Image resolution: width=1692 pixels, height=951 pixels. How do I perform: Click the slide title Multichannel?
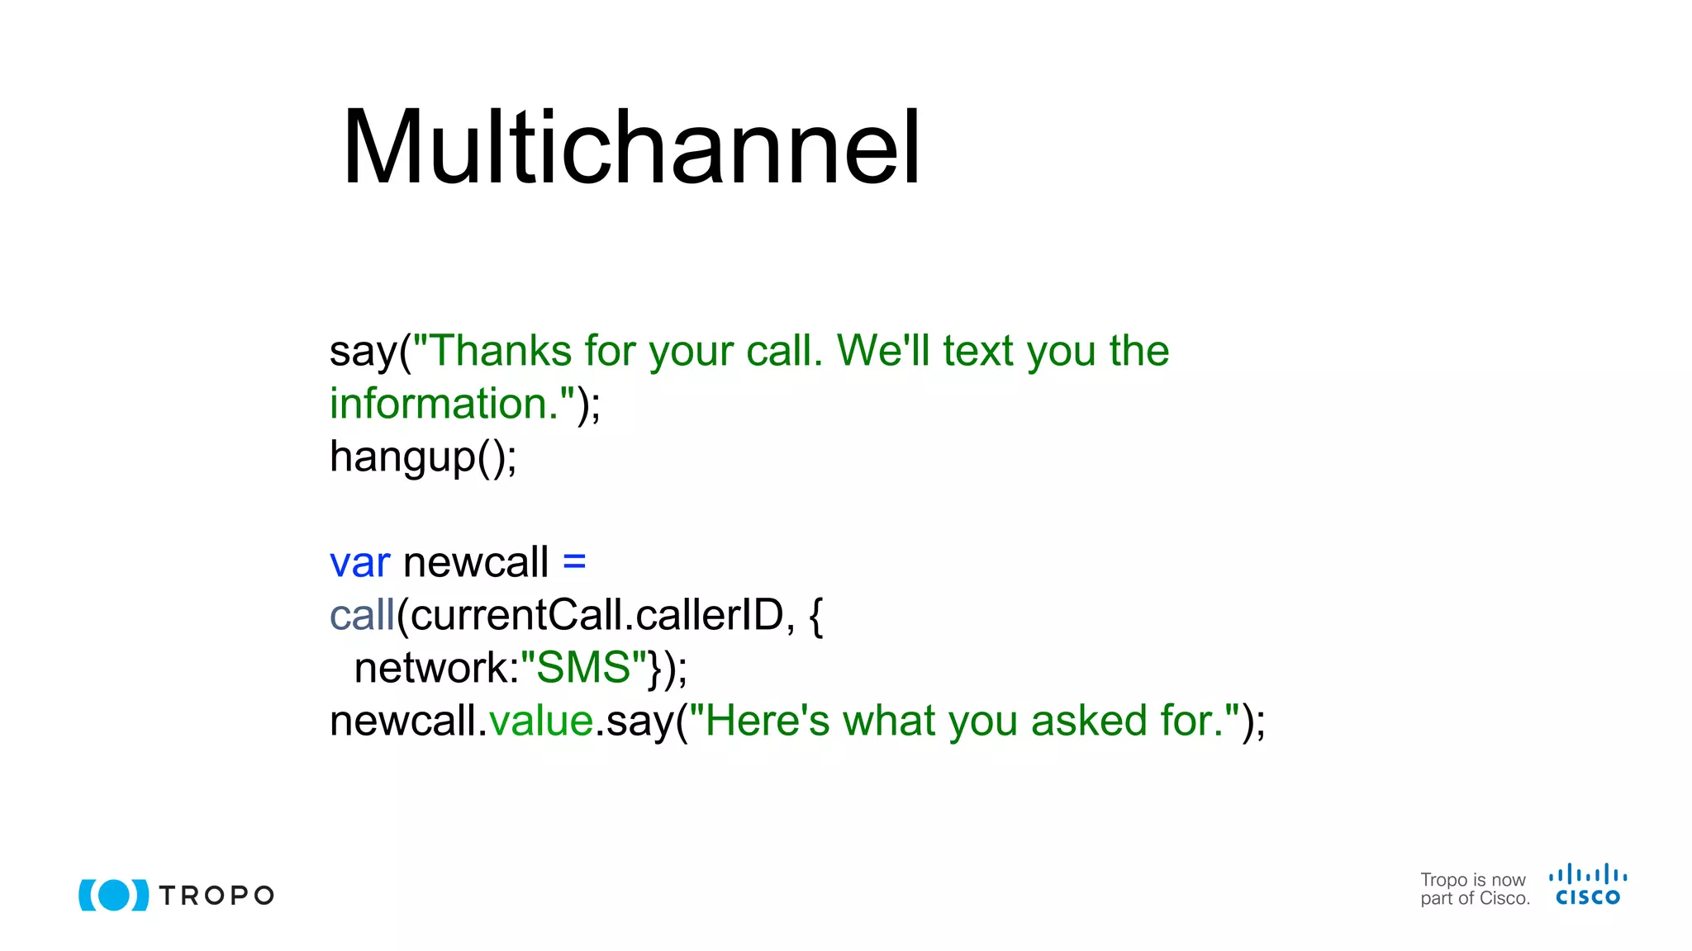pyautogui.click(x=631, y=149)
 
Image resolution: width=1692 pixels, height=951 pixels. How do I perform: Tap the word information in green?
pyautogui.click(x=438, y=404)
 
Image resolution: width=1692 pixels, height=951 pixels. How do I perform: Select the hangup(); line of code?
pyautogui.click(x=423, y=457)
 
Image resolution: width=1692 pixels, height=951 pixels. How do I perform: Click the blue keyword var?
pyautogui.click(x=359, y=563)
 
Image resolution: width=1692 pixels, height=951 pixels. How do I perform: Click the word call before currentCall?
pyautogui.click(x=362, y=616)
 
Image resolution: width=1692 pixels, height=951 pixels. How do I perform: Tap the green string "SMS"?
pyautogui.click(x=583, y=668)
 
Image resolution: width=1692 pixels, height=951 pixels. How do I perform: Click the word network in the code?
pyautogui.click(x=435, y=668)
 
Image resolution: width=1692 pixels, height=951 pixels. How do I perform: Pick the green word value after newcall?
pyautogui.click(x=541, y=721)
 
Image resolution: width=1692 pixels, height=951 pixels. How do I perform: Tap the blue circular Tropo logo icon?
pyautogui.click(x=114, y=895)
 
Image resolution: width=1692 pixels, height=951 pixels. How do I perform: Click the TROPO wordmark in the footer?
pyautogui.click(x=216, y=896)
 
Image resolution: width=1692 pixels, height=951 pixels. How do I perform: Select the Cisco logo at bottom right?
pyautogui.click(x=1588, y=885)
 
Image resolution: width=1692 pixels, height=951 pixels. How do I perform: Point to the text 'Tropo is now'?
pyautogui.click(x=1472, y=880)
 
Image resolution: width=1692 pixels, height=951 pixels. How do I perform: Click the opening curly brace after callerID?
pyautogui.click(x=816, y=616)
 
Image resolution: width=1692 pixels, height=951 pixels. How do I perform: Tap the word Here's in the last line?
pyautogui.click(x=767, y=721)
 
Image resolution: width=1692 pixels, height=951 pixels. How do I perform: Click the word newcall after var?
pyautogui.click(x=475, y=563)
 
